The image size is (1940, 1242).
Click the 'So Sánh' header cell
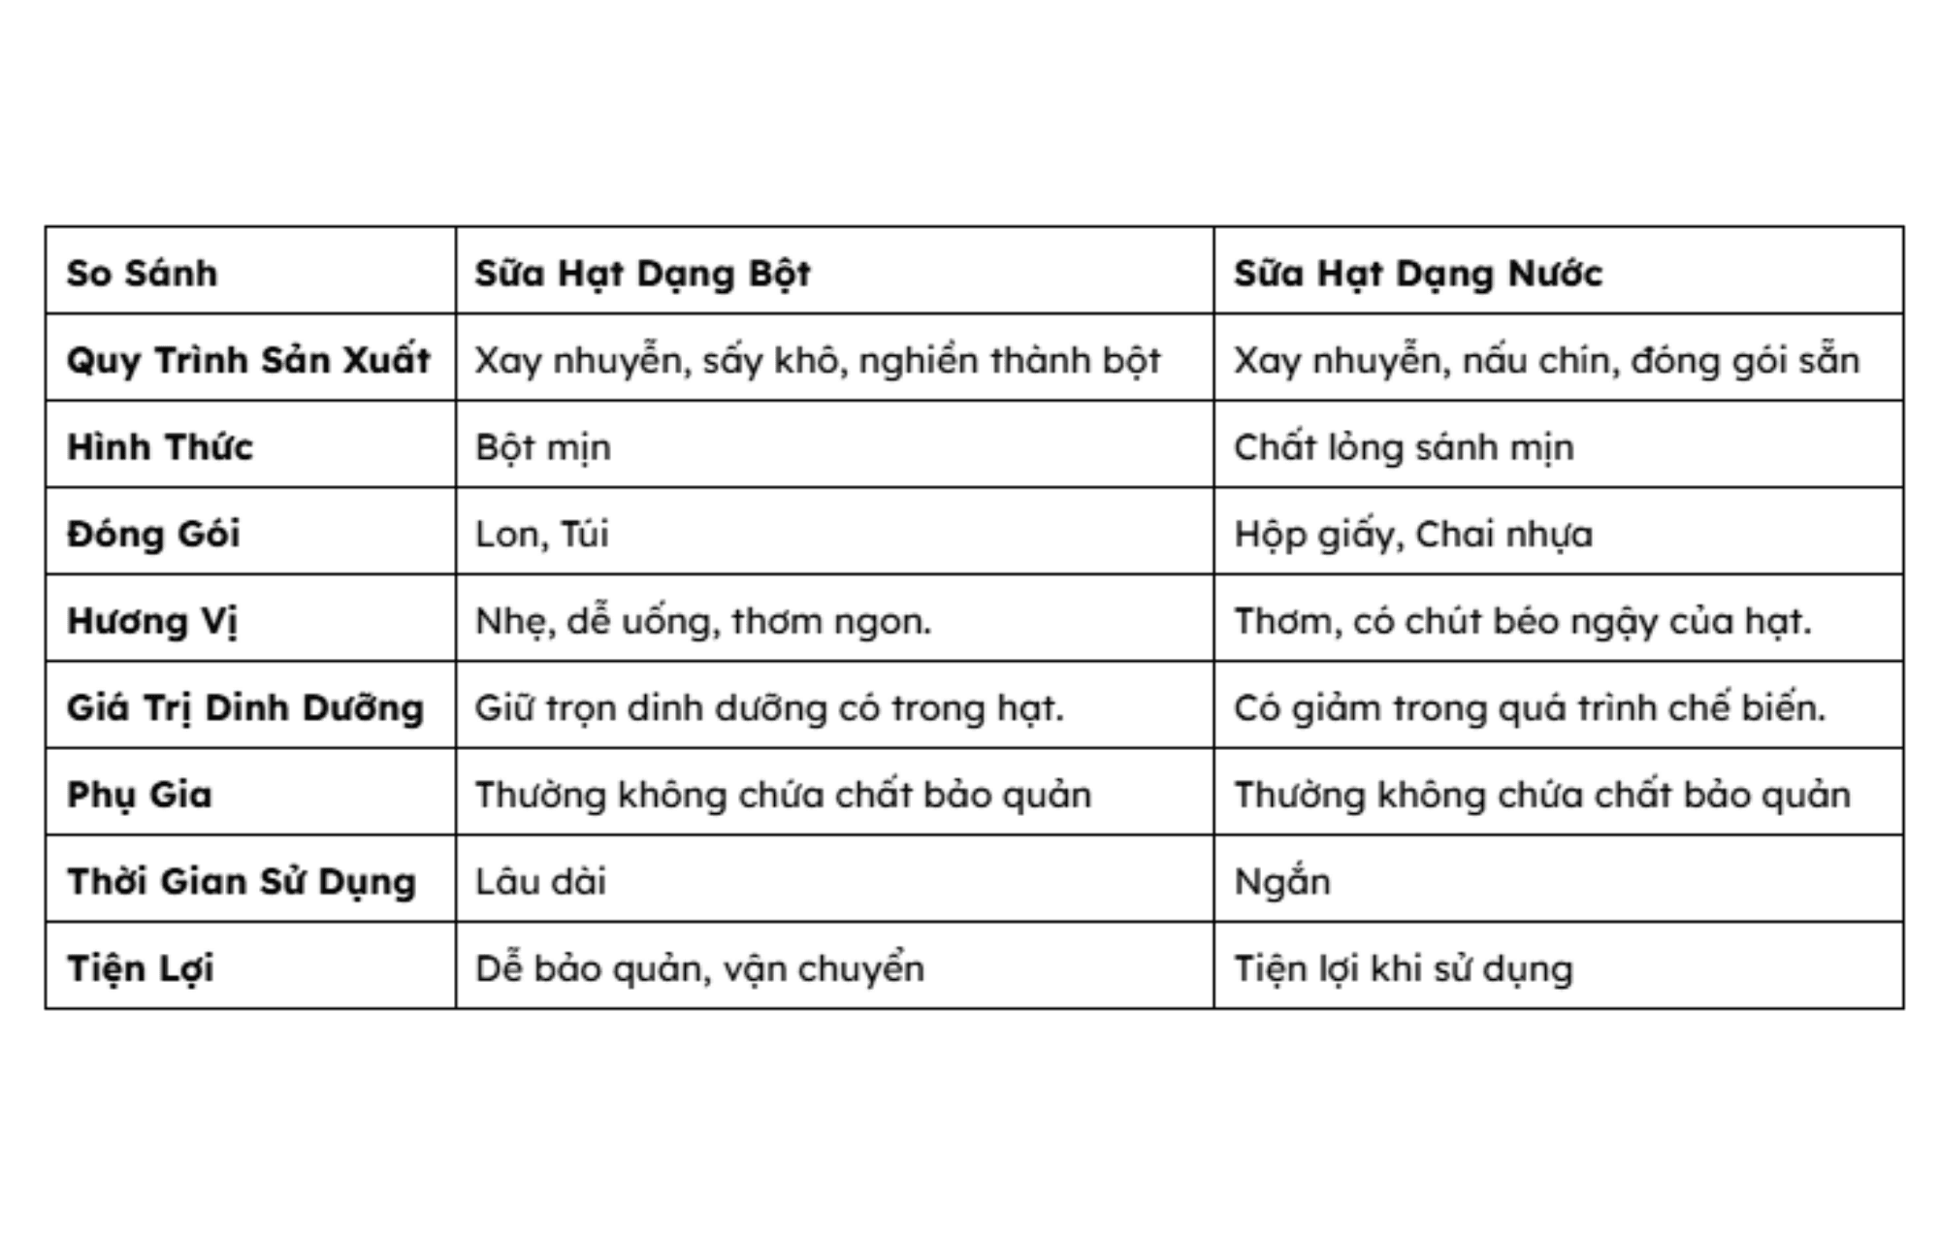(x=142, y=273)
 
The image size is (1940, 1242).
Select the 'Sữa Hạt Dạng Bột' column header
(x=642, y=273)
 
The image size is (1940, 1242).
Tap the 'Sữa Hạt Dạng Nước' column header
(x=1418, y=273)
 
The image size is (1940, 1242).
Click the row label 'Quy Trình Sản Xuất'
(x=248, y=360)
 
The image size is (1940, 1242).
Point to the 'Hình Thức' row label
(x=160, y=446)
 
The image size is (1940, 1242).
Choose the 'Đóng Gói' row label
(x=153, y=534)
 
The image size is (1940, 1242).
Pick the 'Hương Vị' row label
(x=152, y=621)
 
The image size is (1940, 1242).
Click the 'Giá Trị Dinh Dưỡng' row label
(x=245, y=707)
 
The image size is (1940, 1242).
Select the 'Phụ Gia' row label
(x=140, y=795)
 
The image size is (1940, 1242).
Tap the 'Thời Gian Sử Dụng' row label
(x=242, y=881)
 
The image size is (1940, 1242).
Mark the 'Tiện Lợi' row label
(x=141, y=968)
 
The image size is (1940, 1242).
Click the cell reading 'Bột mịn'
(x=543, y=447)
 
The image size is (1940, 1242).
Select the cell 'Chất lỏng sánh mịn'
(x=1404, y=447)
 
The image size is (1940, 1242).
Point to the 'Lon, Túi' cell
(x=542, y=534)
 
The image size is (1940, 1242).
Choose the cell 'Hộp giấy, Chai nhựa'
(x=1413, y=534)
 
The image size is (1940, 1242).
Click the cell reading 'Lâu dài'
(x=540, y=881)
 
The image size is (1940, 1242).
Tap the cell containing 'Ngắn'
(x=1282, y=881)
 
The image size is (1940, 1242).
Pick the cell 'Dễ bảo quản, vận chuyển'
(x=699, y=968)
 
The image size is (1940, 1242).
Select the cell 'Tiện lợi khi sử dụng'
(x=1404, y=968)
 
